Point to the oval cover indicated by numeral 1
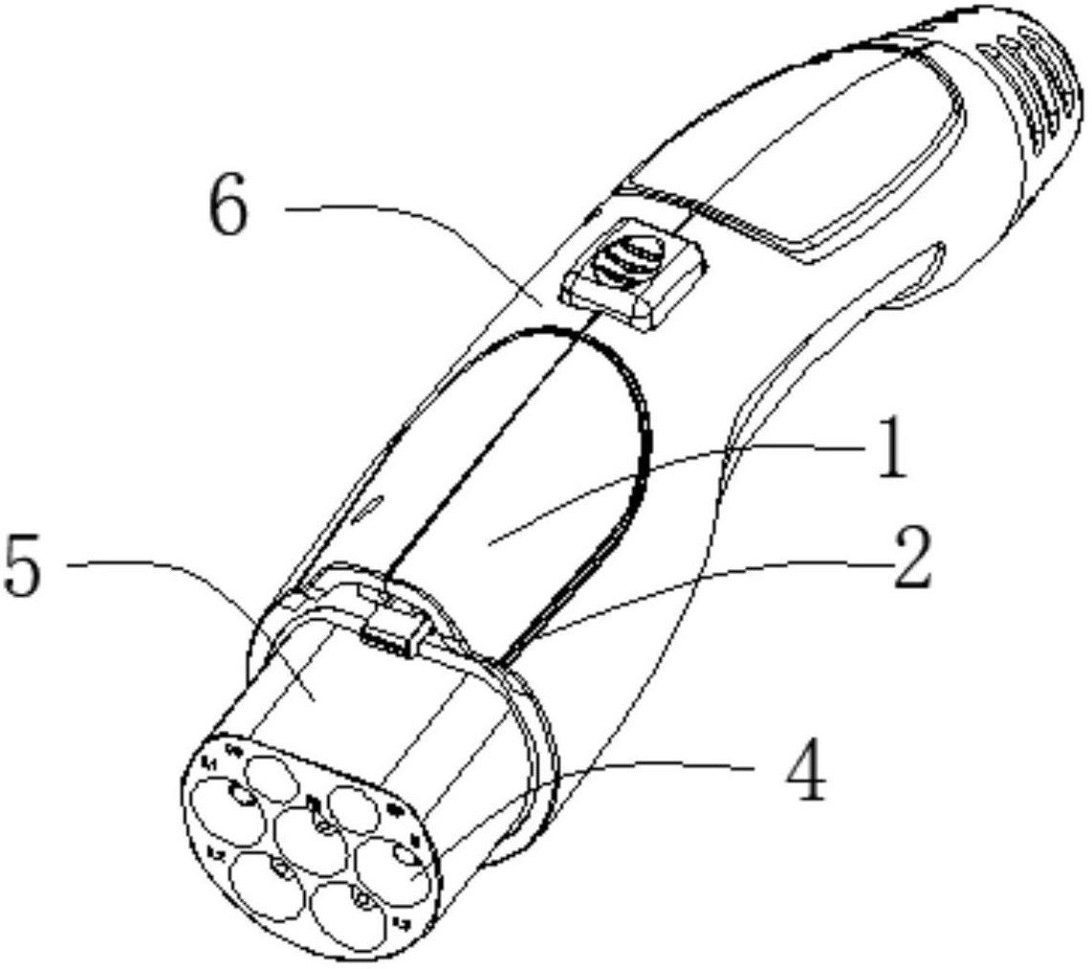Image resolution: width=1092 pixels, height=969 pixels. coord(535,478)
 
